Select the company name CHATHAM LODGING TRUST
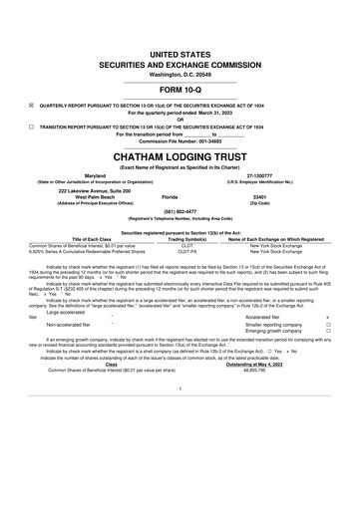tap(180, 157)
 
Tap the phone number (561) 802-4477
tap(180, 213)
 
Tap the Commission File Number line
tap(180, 142)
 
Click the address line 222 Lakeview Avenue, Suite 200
tap(98, 190)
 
